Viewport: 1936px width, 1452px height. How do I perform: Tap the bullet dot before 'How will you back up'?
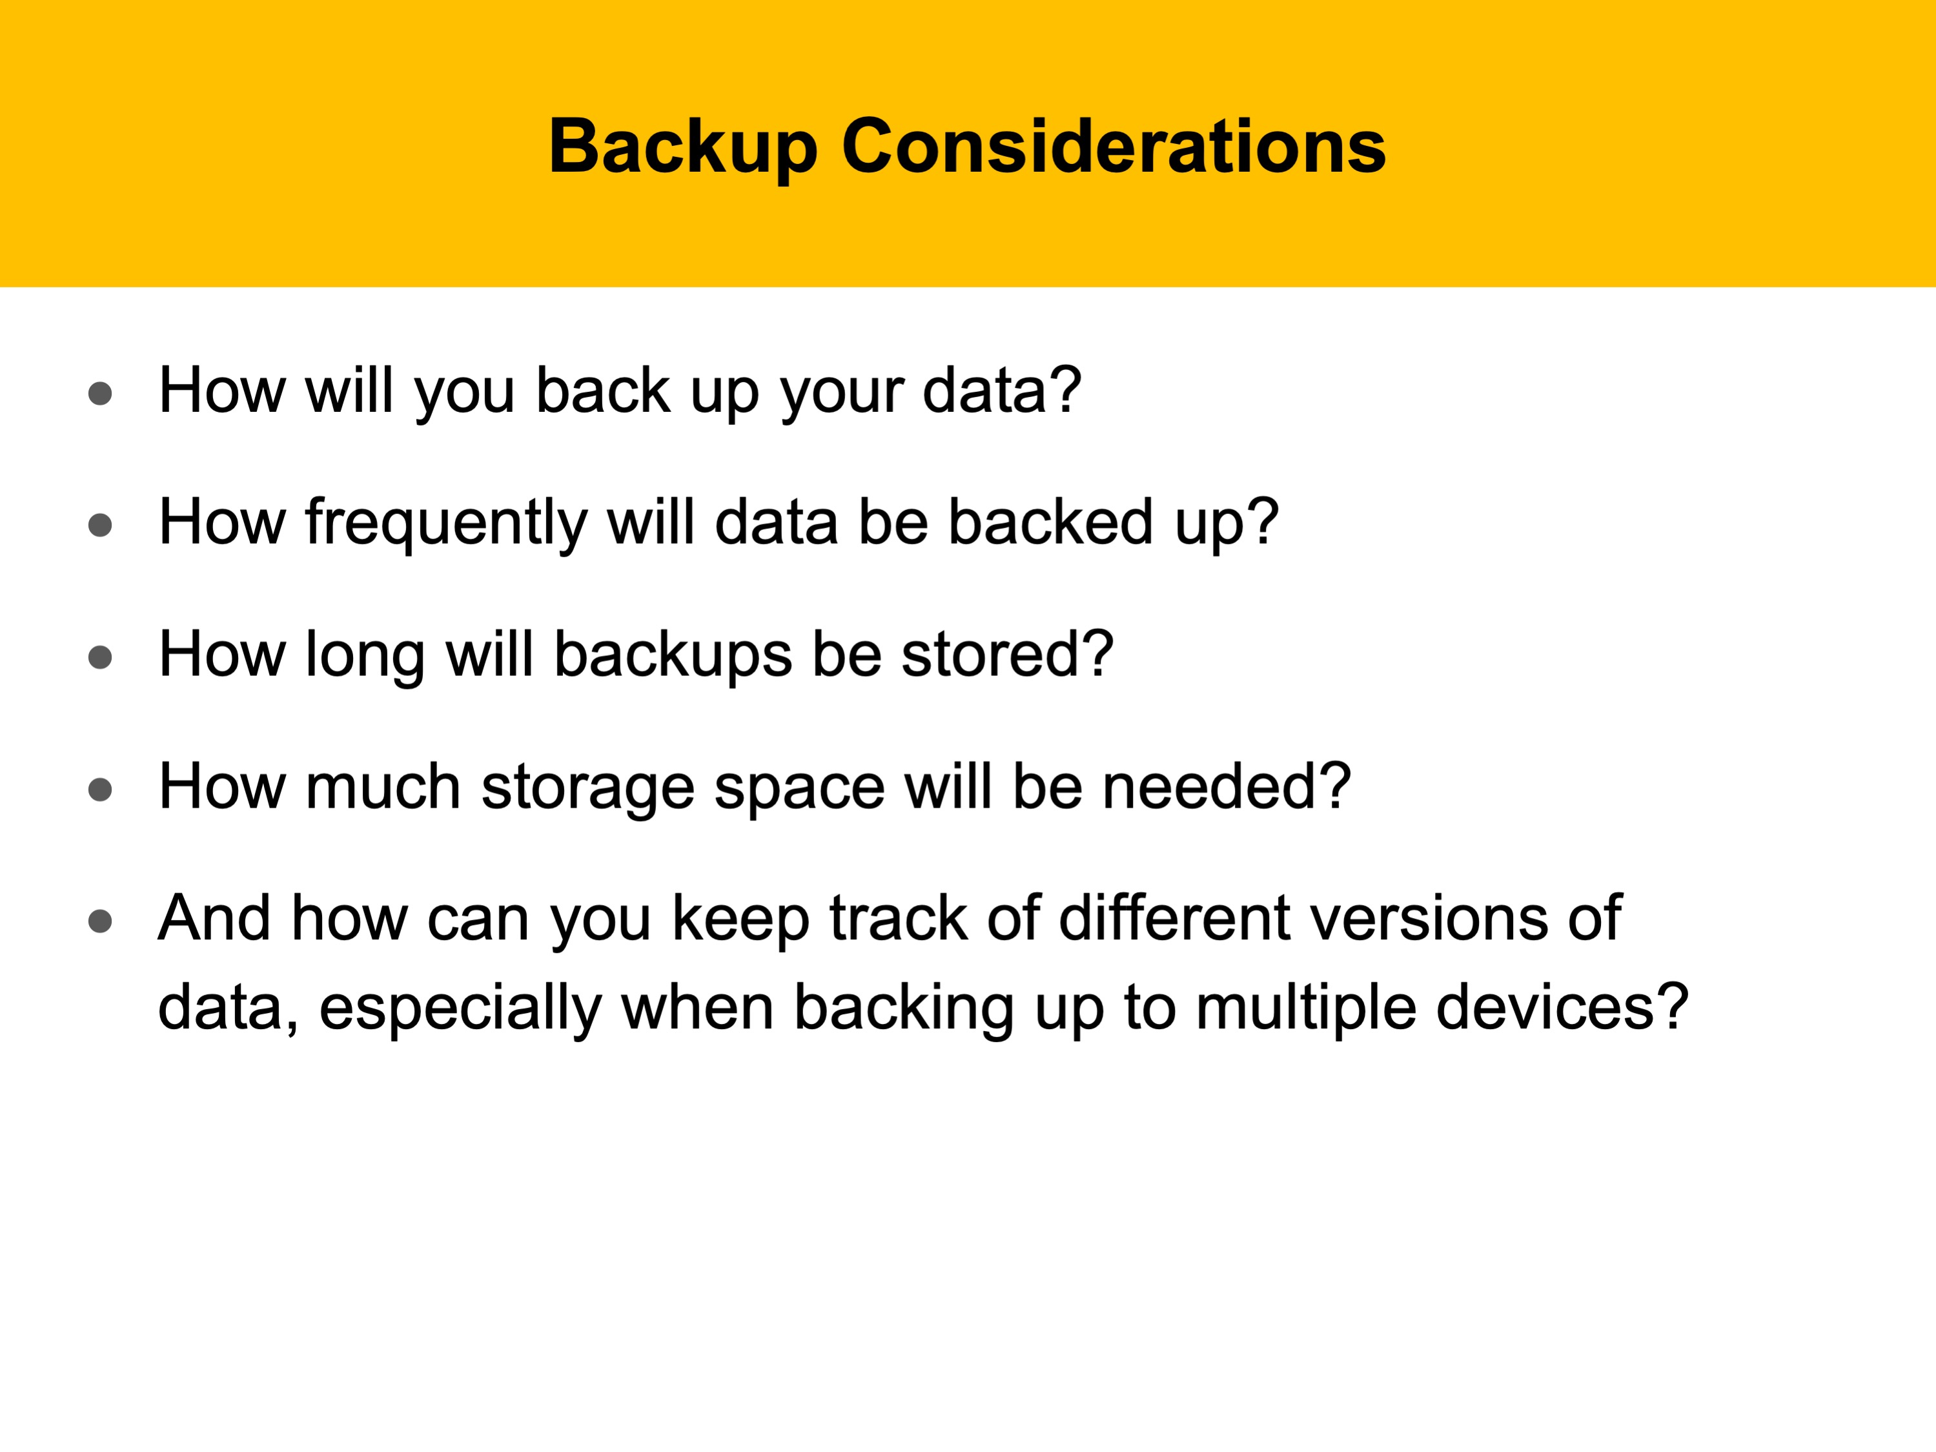coord(101,393)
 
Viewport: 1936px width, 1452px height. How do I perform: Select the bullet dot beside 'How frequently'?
coord(101,524)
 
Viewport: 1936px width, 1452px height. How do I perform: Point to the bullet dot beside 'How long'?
coord(101,657)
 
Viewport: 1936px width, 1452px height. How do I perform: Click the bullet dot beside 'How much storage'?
coord(101,790)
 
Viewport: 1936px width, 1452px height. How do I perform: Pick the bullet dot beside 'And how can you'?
coord(101,921)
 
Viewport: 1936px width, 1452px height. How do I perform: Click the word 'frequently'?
coord(446,524)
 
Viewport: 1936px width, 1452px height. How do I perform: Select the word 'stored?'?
coord(1008,655)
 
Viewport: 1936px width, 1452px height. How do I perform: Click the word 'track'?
coord(898,918)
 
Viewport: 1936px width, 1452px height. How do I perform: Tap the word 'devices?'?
coord(1562,1007)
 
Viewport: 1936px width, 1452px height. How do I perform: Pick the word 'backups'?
coord(673,657)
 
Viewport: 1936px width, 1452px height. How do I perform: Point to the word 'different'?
coord(1174,918)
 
